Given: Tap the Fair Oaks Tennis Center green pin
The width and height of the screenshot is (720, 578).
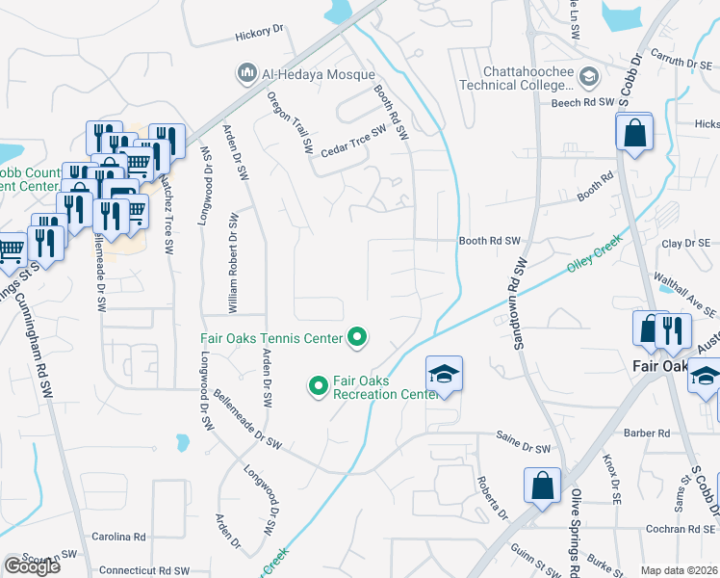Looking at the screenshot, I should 357,337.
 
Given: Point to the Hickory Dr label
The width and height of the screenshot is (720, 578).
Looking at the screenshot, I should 259,32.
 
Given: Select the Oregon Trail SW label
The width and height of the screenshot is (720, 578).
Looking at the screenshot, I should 291,122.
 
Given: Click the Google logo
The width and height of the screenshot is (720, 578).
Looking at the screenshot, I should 32,566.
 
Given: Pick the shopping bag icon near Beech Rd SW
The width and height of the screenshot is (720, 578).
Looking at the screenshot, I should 635,133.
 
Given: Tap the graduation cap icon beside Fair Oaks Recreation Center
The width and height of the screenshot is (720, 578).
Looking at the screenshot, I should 445,374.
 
